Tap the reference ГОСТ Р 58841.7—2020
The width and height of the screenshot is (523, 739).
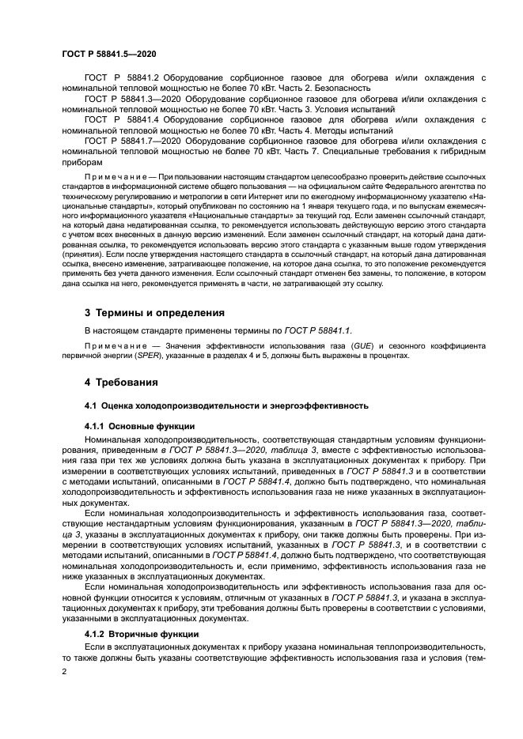[132, 140]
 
